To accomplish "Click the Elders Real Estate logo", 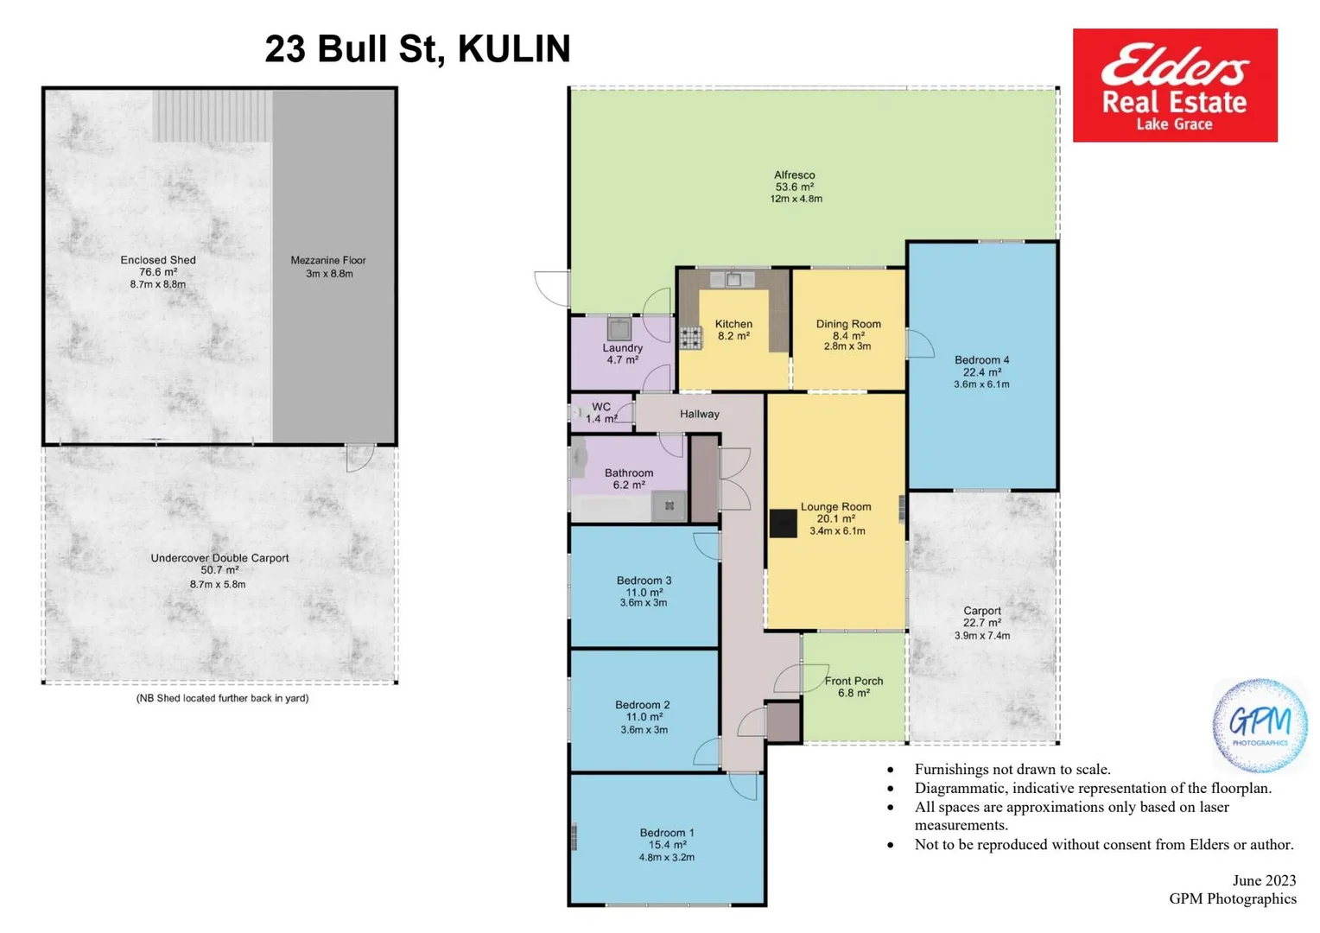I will [1174, 86].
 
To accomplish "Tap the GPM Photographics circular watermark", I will [1260, 724].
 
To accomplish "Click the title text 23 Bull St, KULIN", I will [417, 49].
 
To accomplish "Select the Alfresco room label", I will [794, 175].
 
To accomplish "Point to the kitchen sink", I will [733, 279].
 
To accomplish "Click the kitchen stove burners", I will [690, 337].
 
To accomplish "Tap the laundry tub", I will [619, 329].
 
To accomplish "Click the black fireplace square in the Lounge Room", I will [783, 524].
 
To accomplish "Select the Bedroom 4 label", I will [981, 360].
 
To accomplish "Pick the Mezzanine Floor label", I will [328, 260].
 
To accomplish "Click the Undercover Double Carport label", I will [219, 558].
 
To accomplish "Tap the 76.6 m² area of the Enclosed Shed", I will [158, 272].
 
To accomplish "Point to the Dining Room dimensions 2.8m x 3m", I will [847, 346].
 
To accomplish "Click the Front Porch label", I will [854, 681].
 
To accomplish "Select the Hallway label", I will [699, 414].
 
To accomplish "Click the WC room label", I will [601, 407].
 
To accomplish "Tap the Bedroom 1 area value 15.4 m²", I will [667, 845].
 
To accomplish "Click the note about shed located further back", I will [222, 698].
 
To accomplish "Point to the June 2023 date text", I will [1264, 880].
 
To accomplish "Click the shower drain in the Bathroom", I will [669, 506].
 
